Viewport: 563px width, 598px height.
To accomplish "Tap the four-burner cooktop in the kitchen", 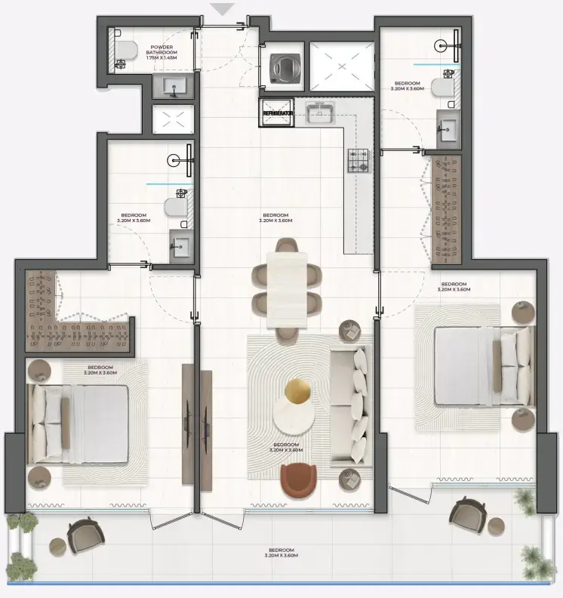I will point(358,159).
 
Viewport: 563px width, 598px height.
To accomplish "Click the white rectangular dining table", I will point(288,288).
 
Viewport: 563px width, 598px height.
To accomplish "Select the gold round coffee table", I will point(297,391).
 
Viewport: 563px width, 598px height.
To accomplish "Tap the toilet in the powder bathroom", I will point(125,51).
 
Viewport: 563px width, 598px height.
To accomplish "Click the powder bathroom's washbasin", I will point(174,88).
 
